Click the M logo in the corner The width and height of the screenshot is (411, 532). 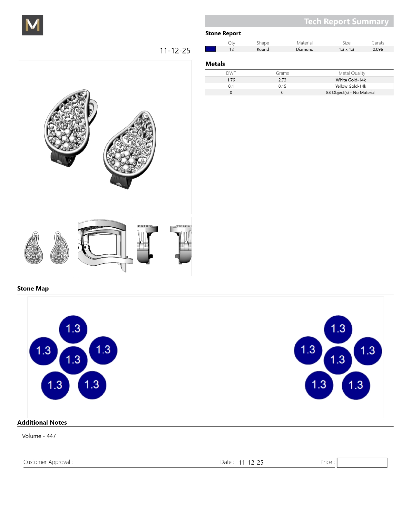coord(33,25)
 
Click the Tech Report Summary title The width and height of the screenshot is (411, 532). coord(346,21)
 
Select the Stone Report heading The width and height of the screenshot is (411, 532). coord(223,33)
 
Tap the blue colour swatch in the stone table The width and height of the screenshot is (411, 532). coord(210,49)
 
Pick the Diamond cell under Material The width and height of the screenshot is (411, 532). coord(305,49)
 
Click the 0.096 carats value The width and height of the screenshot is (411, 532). coord(378,49)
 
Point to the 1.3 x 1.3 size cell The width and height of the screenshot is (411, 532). coord(346,49)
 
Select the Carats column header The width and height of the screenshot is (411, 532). coord(378,43)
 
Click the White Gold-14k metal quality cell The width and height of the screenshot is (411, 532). coord(351,80)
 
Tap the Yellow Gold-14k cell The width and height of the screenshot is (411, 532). coord(351,86)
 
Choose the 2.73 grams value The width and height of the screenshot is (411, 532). coord(282,80)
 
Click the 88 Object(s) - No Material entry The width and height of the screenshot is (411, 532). coord(351,93)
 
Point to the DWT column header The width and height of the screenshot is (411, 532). coord(231,73)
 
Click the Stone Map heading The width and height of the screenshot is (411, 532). coord(33,289)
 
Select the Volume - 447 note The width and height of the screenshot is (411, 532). coord(39,436)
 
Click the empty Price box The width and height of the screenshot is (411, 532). coord(362,463)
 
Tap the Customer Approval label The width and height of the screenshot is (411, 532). coord(48,462)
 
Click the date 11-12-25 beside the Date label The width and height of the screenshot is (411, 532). coord(251,462)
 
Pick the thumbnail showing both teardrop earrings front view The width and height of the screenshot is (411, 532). coord(47,247)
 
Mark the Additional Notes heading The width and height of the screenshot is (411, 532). coord(42,422)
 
